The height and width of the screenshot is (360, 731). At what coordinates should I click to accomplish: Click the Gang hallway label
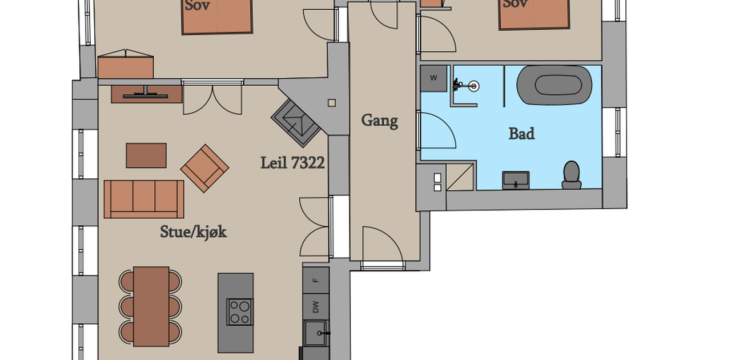coord(380,121)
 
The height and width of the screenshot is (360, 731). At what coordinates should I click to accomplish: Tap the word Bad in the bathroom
coord(521,134)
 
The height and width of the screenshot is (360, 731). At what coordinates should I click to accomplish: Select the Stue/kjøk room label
coord(193,232)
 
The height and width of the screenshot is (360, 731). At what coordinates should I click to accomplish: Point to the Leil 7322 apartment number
coord(292,163)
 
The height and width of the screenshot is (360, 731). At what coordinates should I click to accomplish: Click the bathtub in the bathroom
coord(554,85)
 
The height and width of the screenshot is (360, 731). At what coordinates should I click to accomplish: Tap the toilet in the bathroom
coord(572,175)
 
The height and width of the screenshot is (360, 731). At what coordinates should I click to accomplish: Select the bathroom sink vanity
coord(516,181)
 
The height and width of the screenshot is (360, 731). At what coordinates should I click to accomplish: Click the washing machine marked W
coord(433,78)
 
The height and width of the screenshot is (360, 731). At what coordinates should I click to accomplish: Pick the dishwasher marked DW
coord(316,307)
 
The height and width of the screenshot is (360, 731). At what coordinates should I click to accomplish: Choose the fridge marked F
coord(316,281)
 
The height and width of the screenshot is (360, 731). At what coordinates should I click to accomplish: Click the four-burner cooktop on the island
coord(240,311)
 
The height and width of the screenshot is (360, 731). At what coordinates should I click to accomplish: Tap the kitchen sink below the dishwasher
coord(316,333)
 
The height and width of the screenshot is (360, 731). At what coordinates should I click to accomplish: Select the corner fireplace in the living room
coord(296,123)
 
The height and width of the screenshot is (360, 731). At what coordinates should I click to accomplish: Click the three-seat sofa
coord(144,199)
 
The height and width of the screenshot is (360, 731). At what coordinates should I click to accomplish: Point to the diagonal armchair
coord(204,168)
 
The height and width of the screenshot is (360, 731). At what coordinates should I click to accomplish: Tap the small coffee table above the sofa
coord(146,155)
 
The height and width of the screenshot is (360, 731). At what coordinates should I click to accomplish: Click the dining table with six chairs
coord(151,306)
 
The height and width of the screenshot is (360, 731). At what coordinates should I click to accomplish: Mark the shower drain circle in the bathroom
coord(473,86)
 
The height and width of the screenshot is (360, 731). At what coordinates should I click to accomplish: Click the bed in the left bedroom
coord(217,17)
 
